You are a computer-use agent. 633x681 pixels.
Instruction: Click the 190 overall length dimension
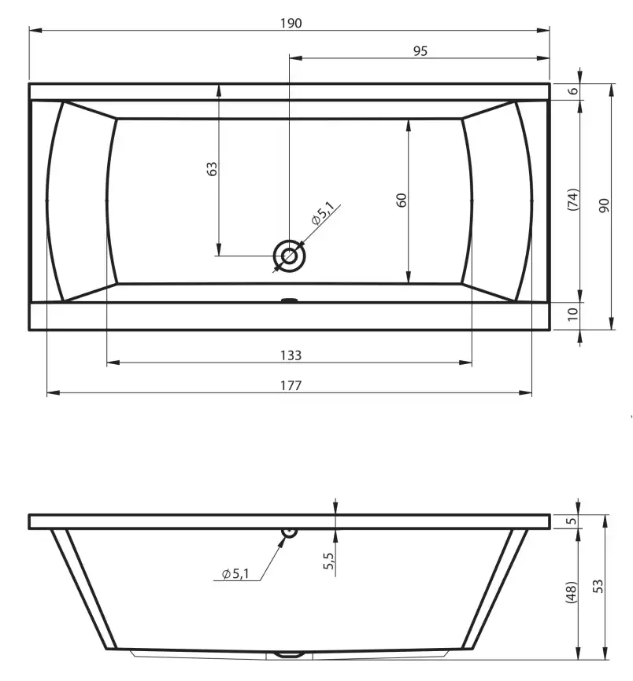point(291,23)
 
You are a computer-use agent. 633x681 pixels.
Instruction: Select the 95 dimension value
point(420,51)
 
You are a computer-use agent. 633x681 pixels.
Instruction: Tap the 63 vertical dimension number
point(212,168)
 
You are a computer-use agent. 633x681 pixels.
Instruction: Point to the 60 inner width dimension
point(402,200)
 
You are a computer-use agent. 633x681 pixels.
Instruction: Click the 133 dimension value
point(291,355)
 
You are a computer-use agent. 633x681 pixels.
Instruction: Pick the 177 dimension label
point(291,385)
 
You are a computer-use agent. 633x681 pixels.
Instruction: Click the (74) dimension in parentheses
point(573,200)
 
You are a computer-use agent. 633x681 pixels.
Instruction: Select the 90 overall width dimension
point(604,205)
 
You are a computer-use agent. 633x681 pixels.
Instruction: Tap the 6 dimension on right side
point(573,90)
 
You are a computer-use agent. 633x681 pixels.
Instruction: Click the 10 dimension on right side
point(572,314)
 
